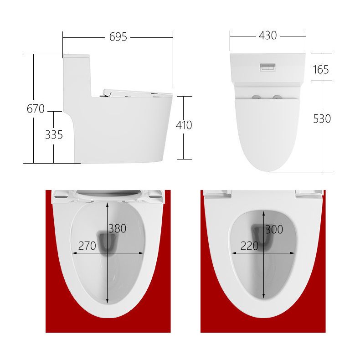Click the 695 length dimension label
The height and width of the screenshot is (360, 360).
click(x=118, y=37)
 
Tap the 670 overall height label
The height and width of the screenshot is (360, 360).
click(x=36, y=109)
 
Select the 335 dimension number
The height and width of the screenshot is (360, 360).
click(x=54, y=135)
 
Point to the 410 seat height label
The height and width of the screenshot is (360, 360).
click(x=184, y=125)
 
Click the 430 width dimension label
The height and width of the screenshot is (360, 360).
click(x=267, y=36)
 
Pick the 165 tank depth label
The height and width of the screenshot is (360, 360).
click(x=321, y=70)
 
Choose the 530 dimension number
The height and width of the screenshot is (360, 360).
click(x=322, y=118)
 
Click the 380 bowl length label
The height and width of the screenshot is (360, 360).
click(x=118, y=229)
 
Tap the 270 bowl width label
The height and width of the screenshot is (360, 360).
click(x=87, y=246)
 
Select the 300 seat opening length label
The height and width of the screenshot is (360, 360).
click(x=274, y=230)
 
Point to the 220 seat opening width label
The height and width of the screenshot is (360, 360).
click(x=249, y=246)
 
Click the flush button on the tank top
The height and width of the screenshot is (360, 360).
click(x=267, y=67)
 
